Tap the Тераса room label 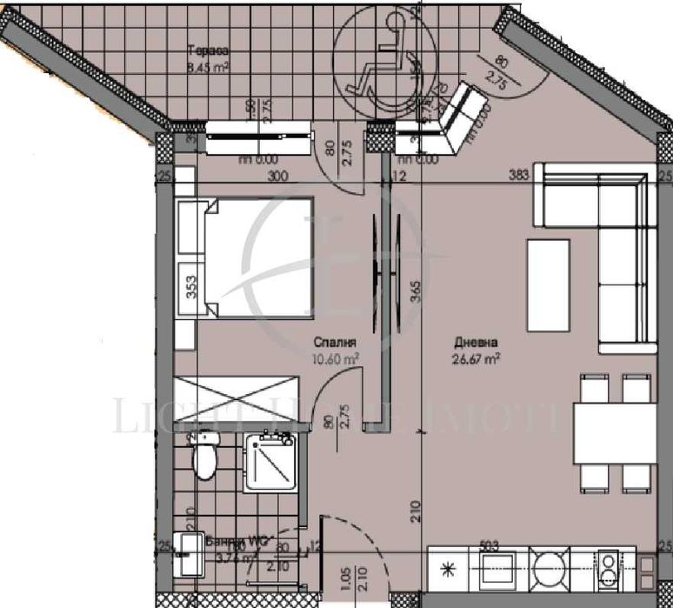[206, 51]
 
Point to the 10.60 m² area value [335, 357]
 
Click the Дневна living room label [473, 342]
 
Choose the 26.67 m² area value [474, 357]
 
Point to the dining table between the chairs [614, 433]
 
